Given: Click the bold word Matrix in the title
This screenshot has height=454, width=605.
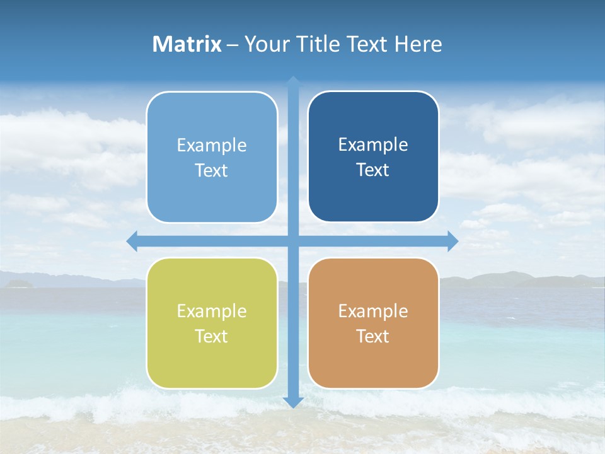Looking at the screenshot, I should point(187,44).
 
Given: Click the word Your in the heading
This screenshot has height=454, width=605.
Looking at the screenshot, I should point(267,44).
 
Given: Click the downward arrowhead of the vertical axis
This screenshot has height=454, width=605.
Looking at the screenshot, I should point(293,402).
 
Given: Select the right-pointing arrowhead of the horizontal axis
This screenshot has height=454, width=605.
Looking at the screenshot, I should point(452,241).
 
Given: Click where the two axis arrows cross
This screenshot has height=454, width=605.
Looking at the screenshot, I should point(293,241).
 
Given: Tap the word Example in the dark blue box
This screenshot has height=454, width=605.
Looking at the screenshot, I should point(373,145).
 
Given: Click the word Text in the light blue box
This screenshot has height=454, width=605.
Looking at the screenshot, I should point(211,171).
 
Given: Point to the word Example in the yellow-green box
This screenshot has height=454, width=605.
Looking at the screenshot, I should point(212,311).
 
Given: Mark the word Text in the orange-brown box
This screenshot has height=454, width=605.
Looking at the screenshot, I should point(372,337).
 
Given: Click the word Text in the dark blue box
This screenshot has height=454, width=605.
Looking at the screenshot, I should point(372,170).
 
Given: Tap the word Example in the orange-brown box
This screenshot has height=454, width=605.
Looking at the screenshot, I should point(373,311).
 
